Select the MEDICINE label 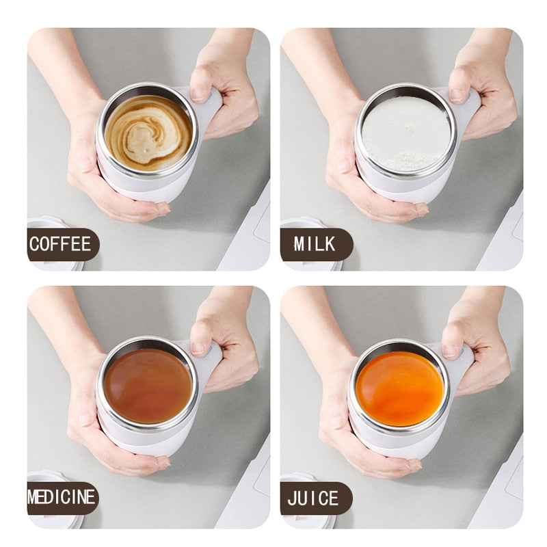(x=62, y=498)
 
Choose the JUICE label (x=314, y=498)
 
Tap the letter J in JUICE (x=293, y=498)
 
